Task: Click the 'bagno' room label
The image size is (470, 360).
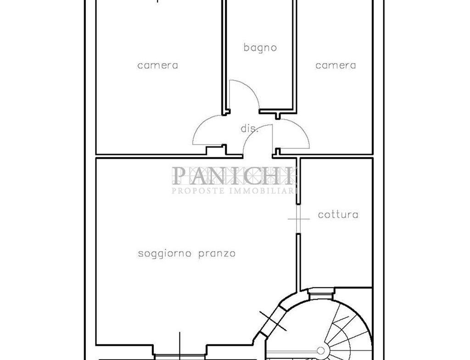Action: (260, 48)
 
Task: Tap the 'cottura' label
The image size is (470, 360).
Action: (338, 215)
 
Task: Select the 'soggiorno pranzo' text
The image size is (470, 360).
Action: (186, 254)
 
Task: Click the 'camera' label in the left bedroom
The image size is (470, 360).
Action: (158, 65)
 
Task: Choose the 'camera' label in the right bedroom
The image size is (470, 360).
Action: (336, 65)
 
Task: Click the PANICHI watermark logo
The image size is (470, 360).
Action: (233, 176)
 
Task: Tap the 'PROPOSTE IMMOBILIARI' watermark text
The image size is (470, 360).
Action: (234, 190)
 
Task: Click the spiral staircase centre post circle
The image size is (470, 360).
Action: (321, 350)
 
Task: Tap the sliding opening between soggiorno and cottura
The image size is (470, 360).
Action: (298, 219)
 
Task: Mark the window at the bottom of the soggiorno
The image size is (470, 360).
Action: (180, 356)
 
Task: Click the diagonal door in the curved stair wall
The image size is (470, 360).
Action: (272, 321)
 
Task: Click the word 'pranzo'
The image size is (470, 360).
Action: (217, 254)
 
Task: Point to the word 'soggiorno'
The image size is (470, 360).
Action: (165, 254)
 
